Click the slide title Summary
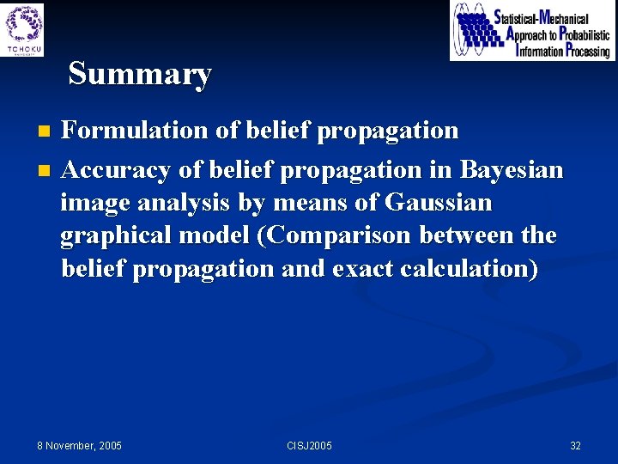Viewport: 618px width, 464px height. click(x=139, y=74)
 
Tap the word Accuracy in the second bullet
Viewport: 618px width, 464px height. click(x=116, y=170)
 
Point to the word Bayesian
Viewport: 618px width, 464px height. click(x=512, y=170)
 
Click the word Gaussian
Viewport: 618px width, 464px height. click(x=439, y=204)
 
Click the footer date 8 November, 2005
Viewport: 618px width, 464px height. click(x=80, y=445)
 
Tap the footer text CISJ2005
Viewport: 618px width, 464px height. click(x=309, y=445)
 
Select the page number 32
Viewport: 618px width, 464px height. click(x=575, y=445)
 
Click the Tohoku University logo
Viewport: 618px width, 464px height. click(x=24, y=29)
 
